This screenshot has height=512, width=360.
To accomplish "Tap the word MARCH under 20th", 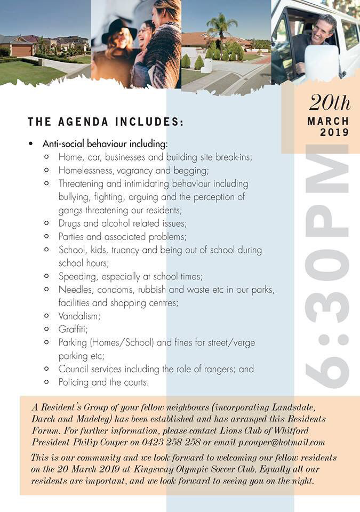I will pos(328,121).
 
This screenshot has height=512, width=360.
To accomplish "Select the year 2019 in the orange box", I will pos(334,132).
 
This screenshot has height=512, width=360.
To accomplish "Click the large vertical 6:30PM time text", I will pos(326,267).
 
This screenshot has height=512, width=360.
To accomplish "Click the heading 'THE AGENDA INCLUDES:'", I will pos(106,122).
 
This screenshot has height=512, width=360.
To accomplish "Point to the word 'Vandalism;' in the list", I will pos(79,316).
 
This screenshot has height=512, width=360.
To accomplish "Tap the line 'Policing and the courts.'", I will pos(103,382).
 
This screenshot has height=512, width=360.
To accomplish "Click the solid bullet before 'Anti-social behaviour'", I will pos(31,145).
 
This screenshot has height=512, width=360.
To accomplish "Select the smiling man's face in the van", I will pos(323,29).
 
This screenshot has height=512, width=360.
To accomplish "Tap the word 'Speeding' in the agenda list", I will pos(78,276).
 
